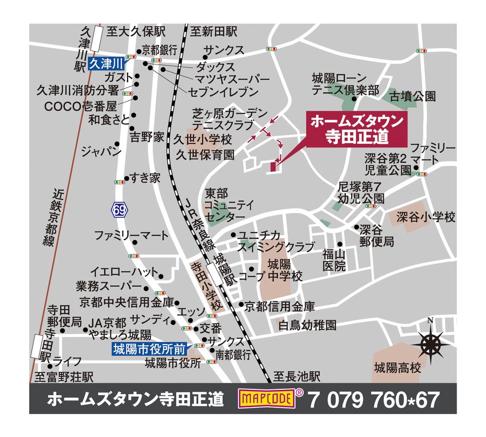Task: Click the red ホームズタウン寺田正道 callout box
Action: point(356,128)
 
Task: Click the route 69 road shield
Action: point(119,210)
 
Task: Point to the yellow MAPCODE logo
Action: point(267,400)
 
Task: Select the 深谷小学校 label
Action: point(425,217)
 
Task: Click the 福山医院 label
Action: point(334,260)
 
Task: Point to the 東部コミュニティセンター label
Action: point(224,205)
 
